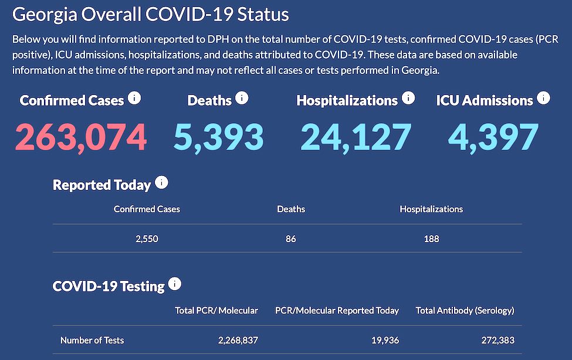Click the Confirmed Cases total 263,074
coord(80,137)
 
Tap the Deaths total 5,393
coord(218,137)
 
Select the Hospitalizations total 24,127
coord(356,137)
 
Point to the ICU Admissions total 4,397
coord(493,137)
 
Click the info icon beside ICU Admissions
coord(543,98)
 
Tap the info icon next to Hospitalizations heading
coord(408,98)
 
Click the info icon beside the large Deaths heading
coord(242,98)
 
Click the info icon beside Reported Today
coord(161,183)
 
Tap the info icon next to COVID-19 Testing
coord(175,284)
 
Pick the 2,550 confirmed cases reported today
coord(147,239)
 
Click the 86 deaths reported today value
coord(291,239)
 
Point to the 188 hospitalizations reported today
coord(431,239)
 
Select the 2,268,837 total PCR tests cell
coord(232,340)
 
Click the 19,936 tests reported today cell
coord(384,340)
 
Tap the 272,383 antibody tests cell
coord(494,340)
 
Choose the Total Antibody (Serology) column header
coord(465,310)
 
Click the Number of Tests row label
coord(92,340)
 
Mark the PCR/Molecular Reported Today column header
coord(337,310)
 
